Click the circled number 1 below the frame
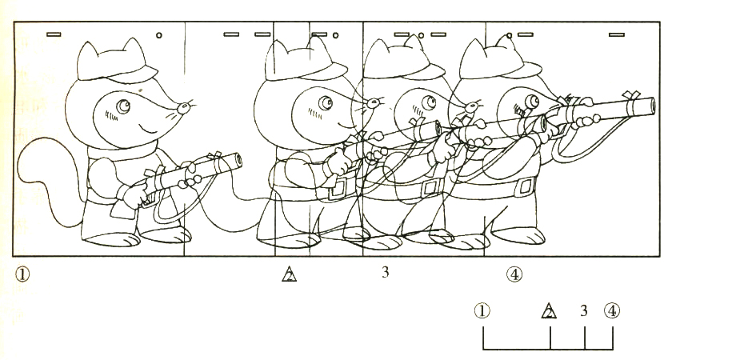tap(22, 274)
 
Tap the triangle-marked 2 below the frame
tap(289, 274)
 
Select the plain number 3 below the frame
tap(385, 272)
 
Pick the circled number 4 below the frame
tap(514, 274)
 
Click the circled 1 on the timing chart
tap(482, 311)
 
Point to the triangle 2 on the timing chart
tap(549, 310)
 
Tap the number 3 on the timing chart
tap(584, 310)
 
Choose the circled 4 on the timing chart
tap(612, 311)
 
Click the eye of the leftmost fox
tap(123, 106)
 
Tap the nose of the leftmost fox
tap(183, 108)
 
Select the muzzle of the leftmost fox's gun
tap(236, 161)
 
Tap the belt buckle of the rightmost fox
tap(526, 186)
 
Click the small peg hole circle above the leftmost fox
tap(159, 35)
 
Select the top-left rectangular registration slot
tap(54, 34)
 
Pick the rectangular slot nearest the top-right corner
tap(616, 34)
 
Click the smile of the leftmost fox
tap(148, 129)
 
